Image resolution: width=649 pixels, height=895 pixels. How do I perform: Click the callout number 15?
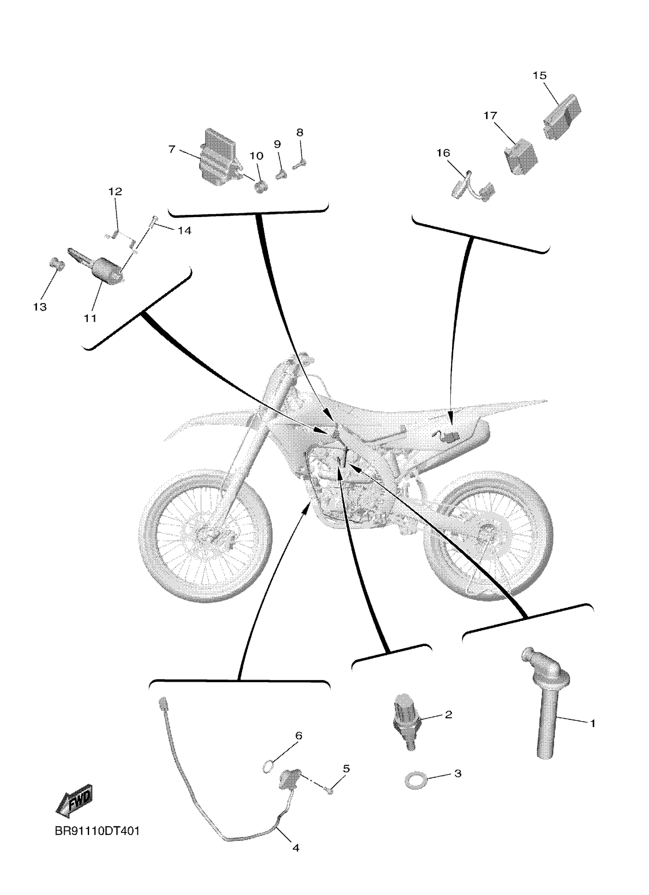pos(539,76)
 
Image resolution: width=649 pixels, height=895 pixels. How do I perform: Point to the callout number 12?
pos(115,192)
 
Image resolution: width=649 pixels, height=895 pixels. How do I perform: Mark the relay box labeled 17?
pos(521,157)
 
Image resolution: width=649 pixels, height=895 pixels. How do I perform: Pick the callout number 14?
pos(184,230)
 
